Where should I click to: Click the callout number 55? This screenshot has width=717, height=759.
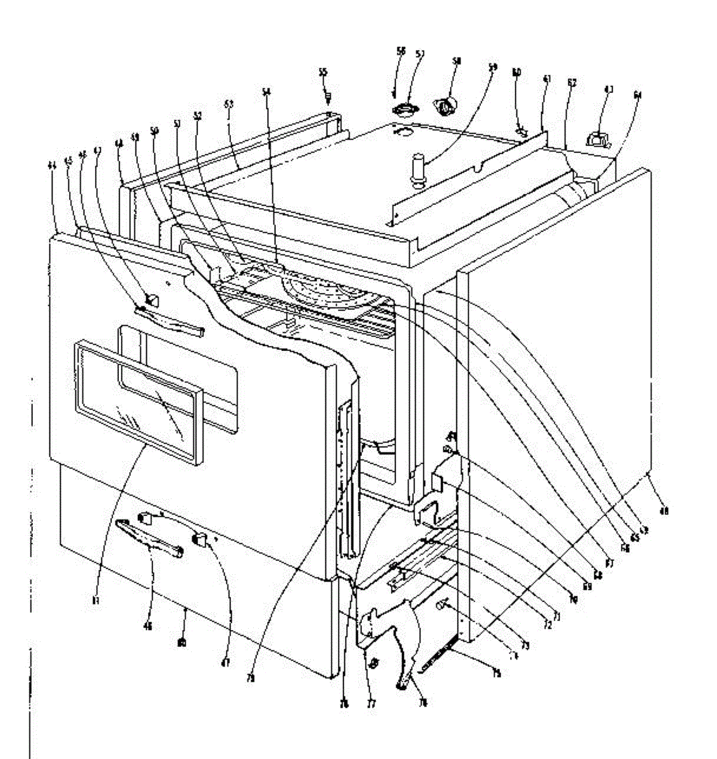[x=323, y=73]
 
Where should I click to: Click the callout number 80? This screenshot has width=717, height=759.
[x=182, y=643]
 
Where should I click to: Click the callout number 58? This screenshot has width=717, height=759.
[x=456, y=61]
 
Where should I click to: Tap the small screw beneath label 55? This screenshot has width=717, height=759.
[x=328, y=97]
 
